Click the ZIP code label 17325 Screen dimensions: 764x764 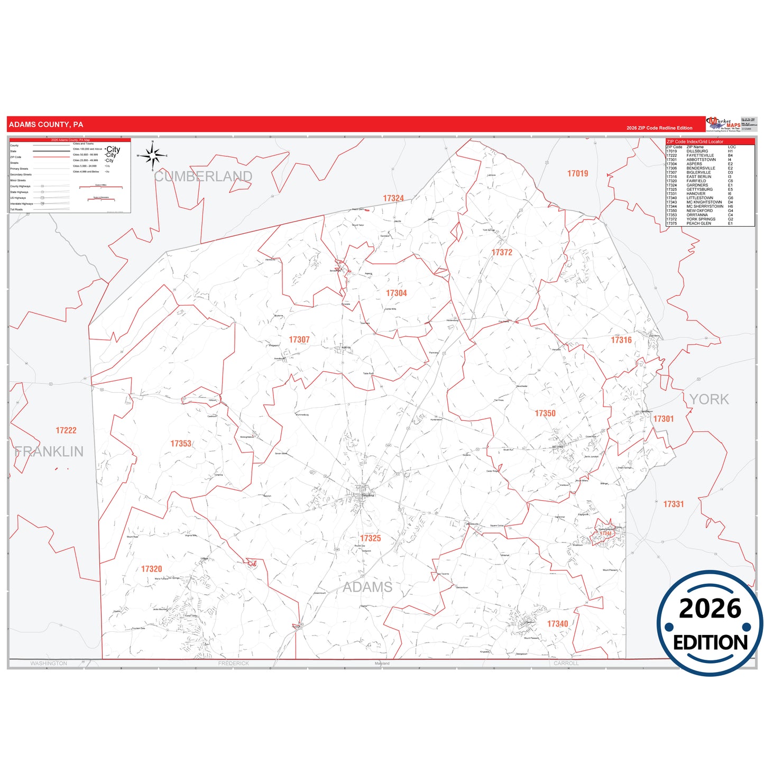click(x=370, y=538)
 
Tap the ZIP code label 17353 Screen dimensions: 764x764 click(x=181, y=444)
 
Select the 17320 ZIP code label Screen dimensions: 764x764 click(x=151, y=569)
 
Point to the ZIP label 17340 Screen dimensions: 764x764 click(x=557, y=624)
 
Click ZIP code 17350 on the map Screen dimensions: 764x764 click(x=545, y=413)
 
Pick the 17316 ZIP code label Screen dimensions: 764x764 click(x=621, y=340)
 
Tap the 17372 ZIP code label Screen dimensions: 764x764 click(x=502, y=252)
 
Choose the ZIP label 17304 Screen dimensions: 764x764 click(x=396, y=293)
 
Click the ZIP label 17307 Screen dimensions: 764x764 click(x=299, y=339)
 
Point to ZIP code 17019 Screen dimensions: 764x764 click(x=577, y=173)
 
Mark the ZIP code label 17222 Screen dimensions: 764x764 click(x=66, y=430)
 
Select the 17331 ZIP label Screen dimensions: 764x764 click(x=674, y=504)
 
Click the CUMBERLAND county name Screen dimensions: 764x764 click(x=204, y=177)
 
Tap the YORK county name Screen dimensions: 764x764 click(x=709, y=399)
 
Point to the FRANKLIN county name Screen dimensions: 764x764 click(x=49, y=452)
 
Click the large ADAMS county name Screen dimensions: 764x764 click(x=367, y=587)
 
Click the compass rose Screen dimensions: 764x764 click(x=152, y=155)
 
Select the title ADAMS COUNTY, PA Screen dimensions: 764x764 click(x=46, y=125)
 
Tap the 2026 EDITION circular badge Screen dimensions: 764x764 click(x=710, y=623)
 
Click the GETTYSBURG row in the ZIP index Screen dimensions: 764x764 click(x=699, y=189)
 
